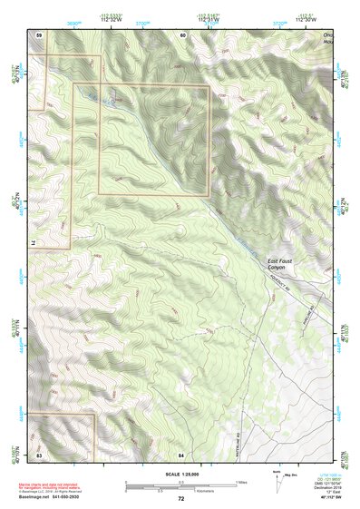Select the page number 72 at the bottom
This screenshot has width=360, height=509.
pyautogui.click(x=180, y=499)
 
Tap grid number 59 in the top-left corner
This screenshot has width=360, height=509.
pyautogui.click(x=39, y=34)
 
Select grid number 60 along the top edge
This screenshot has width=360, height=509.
pyautogui.click(x=182, y=34)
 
